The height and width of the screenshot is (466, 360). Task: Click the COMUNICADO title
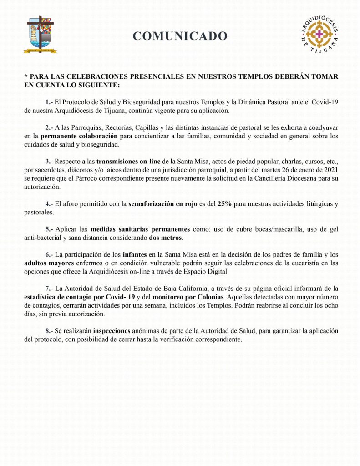(180, 36)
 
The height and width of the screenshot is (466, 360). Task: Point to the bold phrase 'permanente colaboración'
(79, 136)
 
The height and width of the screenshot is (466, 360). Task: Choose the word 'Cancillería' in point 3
(243, 178)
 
